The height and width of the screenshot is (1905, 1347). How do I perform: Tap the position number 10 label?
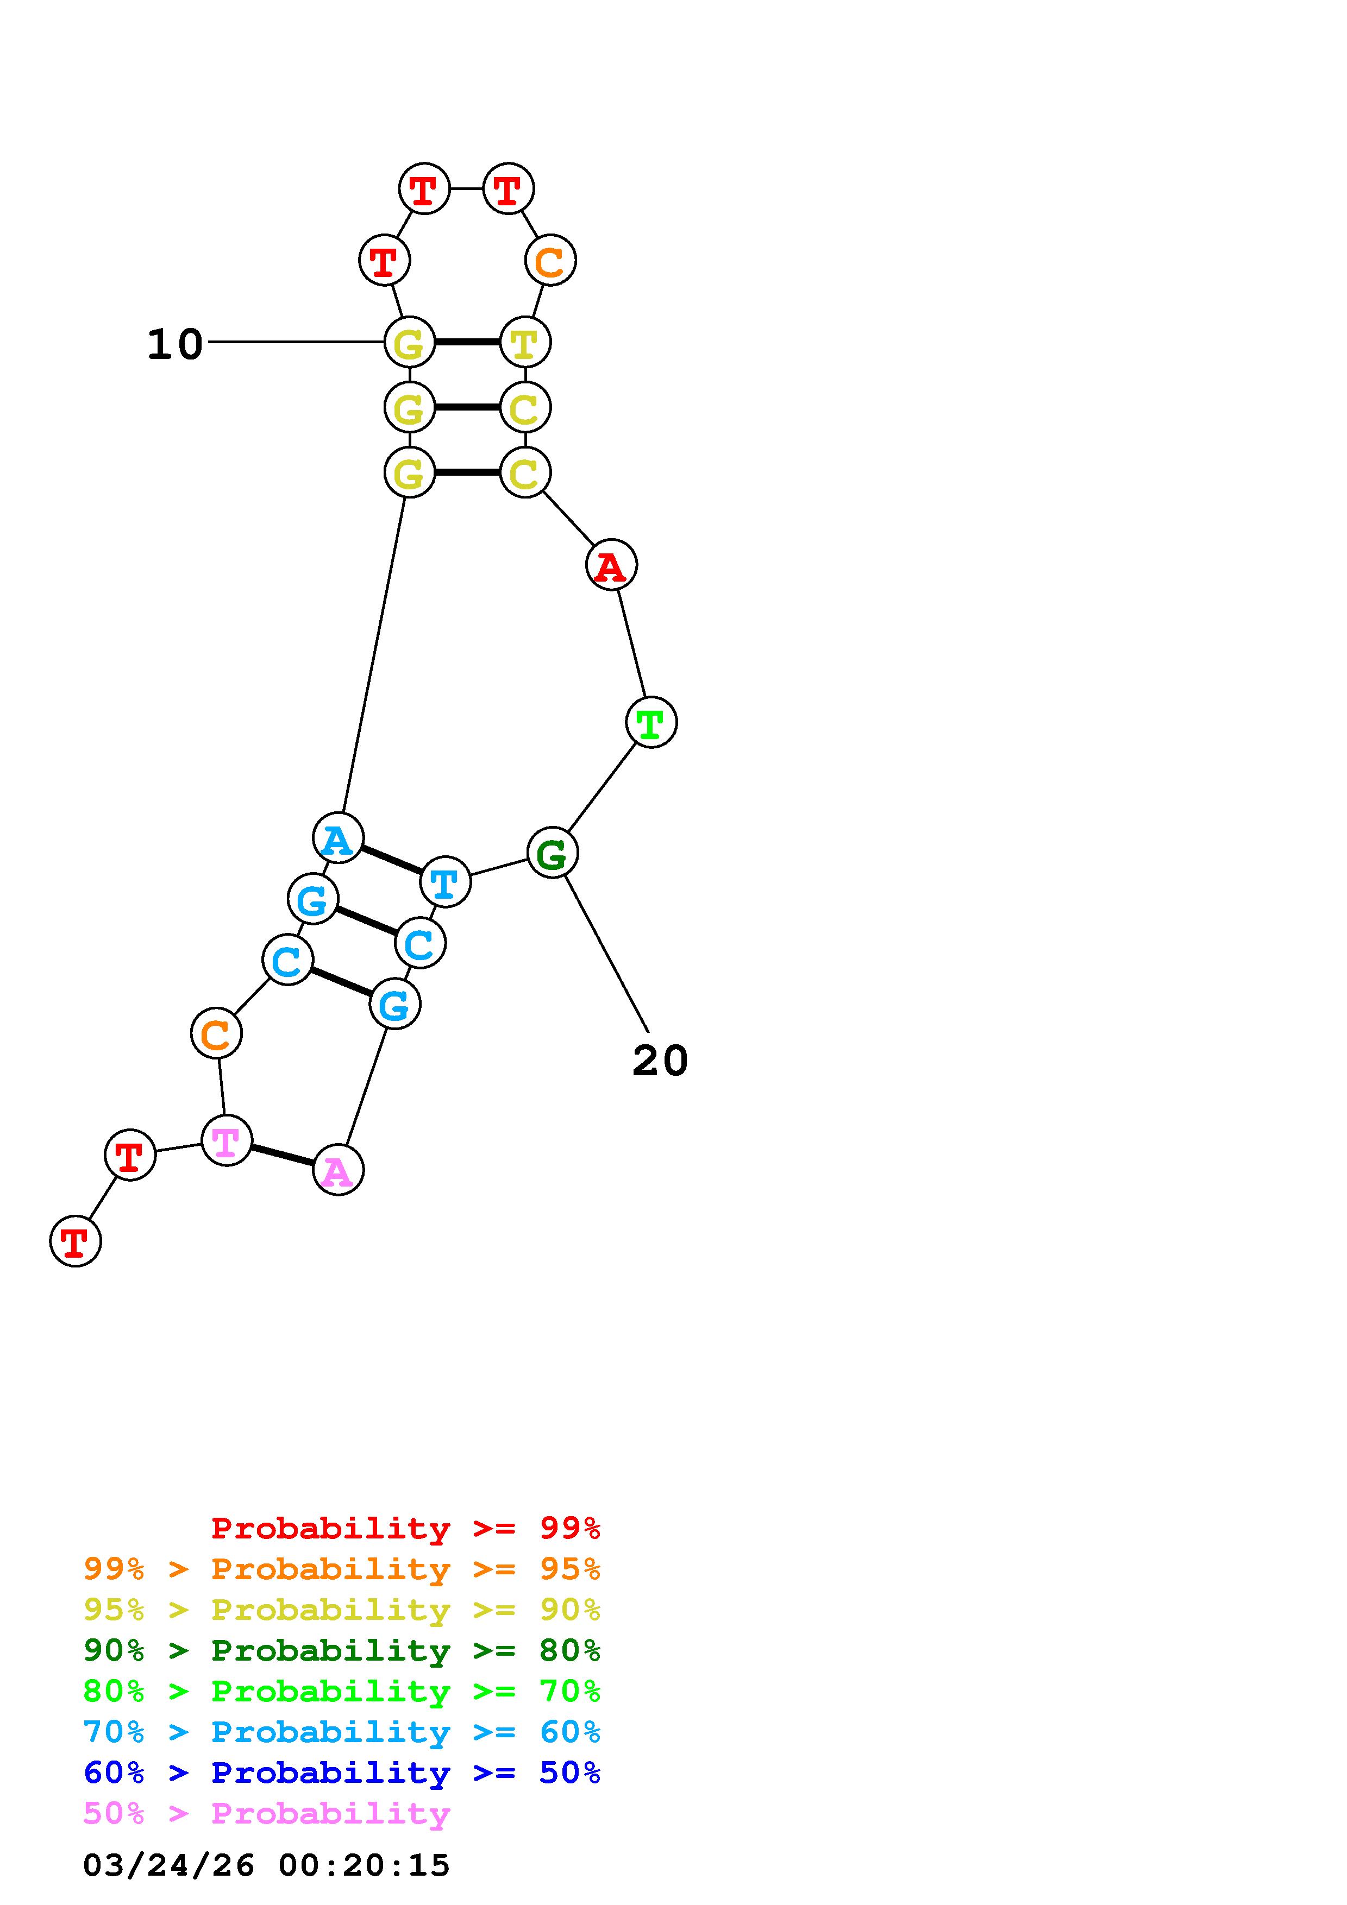[x=174, y=344]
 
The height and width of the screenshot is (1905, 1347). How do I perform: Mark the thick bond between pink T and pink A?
[x=282, y=1156]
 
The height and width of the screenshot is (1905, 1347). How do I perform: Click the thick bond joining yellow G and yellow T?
[x=467, y=342]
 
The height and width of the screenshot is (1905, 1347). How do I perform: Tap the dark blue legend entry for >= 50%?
[x=341, y=1772]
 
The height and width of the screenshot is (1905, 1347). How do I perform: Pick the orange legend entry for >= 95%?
[x=341, y=1568]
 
